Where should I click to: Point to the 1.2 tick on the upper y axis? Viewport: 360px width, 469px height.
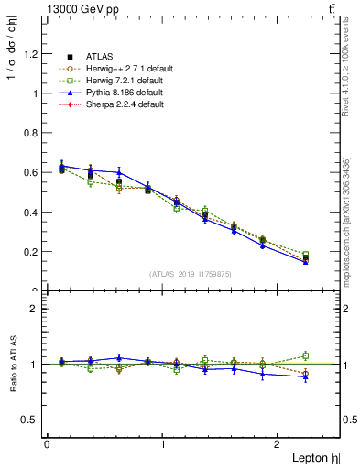click(x=31, y=53)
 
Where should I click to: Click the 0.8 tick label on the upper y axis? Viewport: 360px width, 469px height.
click(x=31, y=133)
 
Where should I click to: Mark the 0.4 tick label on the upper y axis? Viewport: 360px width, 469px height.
click(x=31, y=213)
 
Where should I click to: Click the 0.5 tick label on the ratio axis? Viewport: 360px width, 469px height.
click(x=30, y=420)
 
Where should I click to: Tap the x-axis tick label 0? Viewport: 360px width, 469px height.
click(x=46, y=444)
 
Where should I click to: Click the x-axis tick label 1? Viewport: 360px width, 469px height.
click(x=162, y=444)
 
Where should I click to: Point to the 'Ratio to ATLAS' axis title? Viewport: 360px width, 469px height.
click(x=13, y=364)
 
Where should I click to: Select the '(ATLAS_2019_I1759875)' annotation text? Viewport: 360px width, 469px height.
click(x=191, y=274)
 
